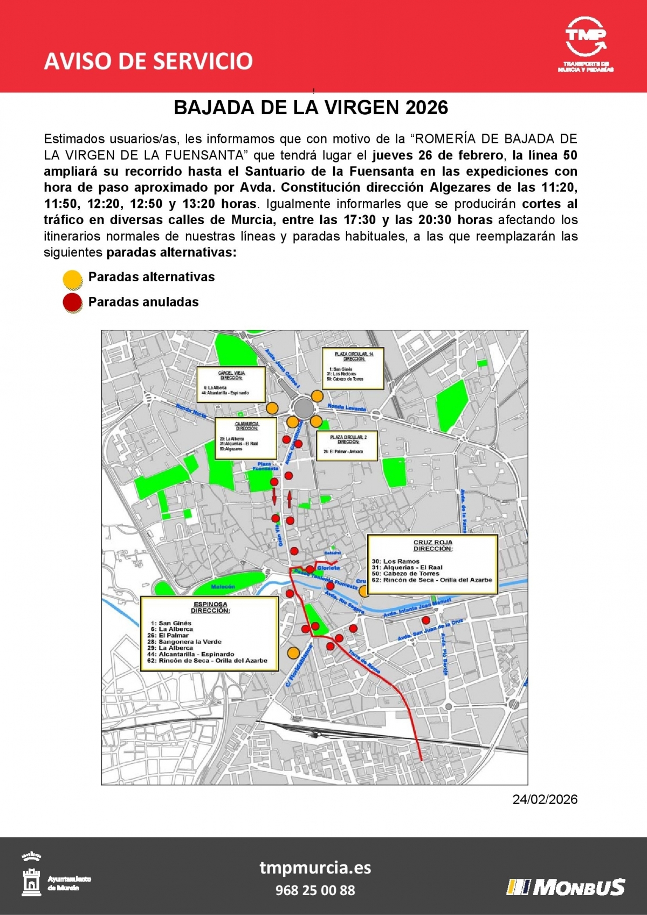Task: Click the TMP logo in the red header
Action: click(586, 43)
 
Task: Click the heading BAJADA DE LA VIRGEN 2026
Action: click(311, 108)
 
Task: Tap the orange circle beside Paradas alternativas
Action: click(73, 279)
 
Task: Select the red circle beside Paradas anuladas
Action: click(73, 303)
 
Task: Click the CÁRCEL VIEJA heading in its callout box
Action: click(231, 373)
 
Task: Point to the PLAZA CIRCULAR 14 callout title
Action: click(354, 354)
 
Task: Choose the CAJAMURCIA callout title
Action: click(246, 424)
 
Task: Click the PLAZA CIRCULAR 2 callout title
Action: click(348, 437)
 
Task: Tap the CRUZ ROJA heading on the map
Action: click(433, 543)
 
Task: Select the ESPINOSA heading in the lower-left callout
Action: click(210, 605)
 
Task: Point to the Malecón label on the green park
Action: click(223, 586)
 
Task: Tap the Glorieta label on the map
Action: click(328, 568)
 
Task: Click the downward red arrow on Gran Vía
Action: click(274, 496)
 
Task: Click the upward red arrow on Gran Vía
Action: click(290, 499)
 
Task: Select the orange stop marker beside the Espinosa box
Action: click(293, 653)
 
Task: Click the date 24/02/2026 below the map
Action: click(545, 800)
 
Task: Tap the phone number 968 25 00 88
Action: click(315, 890)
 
